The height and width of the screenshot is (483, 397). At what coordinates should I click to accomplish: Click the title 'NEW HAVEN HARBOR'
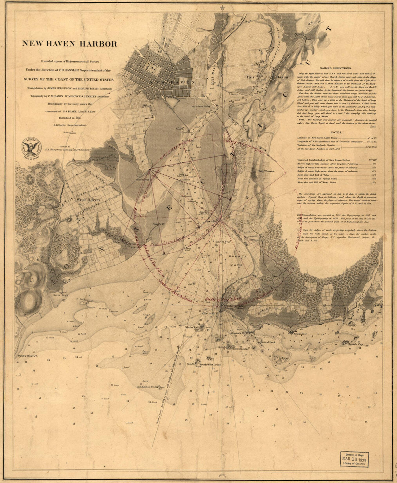[70, 44]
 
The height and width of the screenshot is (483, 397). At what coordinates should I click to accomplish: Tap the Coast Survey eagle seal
[31, 147]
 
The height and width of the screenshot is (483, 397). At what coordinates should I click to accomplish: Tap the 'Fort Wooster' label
[266, 171]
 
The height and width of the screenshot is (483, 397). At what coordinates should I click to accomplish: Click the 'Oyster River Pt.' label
[28, 356]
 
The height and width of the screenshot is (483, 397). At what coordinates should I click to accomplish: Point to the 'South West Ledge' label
[210, 365]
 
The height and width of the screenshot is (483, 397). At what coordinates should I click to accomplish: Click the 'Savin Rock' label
[61, 295]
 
